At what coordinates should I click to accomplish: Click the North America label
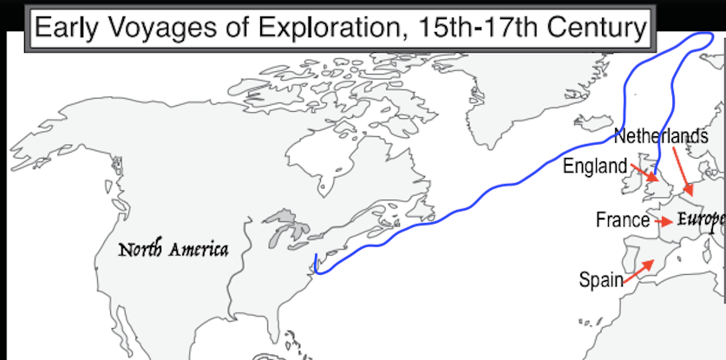(x=173, y=251)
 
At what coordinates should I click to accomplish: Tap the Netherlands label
(x=661, y=136)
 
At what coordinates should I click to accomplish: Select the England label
(x=594, y=166)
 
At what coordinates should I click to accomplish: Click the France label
(x=622, y=220)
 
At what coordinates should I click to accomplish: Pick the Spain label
(x=601, y=279)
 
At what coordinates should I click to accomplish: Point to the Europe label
(x=701, y=219)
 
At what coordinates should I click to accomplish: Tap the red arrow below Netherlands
(x=683, y=171)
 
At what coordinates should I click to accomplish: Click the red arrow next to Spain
(x=639, y=269)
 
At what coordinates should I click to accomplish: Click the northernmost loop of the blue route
(x=707, y=35)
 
